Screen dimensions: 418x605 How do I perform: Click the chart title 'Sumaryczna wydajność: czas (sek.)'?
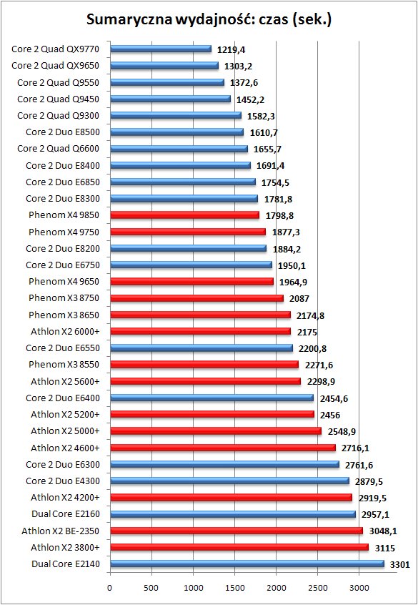pos(209,19)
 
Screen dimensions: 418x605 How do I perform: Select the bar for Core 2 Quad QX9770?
pos(161,49)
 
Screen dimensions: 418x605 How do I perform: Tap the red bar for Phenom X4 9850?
pos(185,215)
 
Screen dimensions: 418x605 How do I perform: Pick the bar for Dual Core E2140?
pos(247,564)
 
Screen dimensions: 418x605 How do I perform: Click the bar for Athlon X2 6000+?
pos(201,331)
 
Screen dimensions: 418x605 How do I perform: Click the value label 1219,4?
pos(232,50)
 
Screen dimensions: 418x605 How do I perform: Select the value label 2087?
pos(299,299)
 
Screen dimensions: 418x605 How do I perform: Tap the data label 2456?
pos(329,415)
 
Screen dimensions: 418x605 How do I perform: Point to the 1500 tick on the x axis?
pos(235,587)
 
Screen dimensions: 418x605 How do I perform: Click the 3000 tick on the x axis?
pos(359,587)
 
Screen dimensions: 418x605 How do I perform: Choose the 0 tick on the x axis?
pos(110,587)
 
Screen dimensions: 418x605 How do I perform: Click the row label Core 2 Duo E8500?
pos(63,132)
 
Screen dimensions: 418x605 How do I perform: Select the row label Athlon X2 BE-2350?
pos(61,531)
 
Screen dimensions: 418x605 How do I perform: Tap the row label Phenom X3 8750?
pos(64,298)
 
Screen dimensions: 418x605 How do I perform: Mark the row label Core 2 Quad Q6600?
pos(58,149)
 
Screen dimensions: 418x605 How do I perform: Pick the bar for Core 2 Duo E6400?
pos(212,398)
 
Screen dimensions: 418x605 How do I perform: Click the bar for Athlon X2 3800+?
pos(239,547)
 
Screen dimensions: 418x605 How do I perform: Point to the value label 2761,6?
pos(359,466)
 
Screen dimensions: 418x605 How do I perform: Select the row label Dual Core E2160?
pos(66,514)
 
